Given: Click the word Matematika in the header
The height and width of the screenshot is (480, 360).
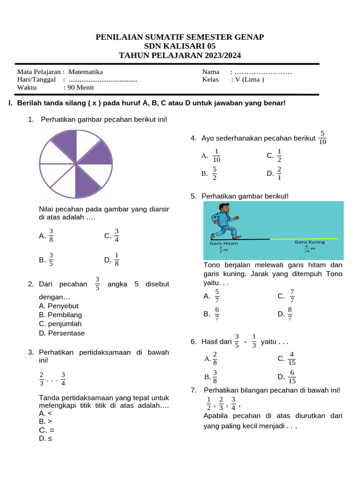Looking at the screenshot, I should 85,72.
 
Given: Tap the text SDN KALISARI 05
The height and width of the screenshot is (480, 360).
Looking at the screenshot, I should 180,46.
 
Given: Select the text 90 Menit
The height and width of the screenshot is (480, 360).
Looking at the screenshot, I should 81,87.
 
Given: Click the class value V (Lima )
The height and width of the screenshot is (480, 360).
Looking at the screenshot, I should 247,79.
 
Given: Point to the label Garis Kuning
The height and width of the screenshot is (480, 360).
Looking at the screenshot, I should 309,242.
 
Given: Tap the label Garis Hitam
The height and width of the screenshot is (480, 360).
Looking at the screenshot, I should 224,243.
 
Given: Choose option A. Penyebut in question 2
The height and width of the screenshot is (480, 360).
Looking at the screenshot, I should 59,306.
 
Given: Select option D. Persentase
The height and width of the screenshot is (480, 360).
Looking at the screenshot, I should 62,333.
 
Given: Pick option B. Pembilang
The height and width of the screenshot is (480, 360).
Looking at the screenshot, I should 60,315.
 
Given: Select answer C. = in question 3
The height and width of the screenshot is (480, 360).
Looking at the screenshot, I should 47,430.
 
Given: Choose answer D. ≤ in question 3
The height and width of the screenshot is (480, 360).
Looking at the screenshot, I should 46,439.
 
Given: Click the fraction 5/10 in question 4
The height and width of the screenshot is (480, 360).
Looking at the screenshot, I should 322,138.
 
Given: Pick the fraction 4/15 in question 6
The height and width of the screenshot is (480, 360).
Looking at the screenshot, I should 292,359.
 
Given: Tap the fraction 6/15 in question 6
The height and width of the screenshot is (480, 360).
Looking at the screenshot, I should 292,377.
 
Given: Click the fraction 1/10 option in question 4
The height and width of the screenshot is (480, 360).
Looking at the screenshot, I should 217,156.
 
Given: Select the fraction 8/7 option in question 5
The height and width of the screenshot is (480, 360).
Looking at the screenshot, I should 290,314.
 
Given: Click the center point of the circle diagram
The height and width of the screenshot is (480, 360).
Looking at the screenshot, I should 76,164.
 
